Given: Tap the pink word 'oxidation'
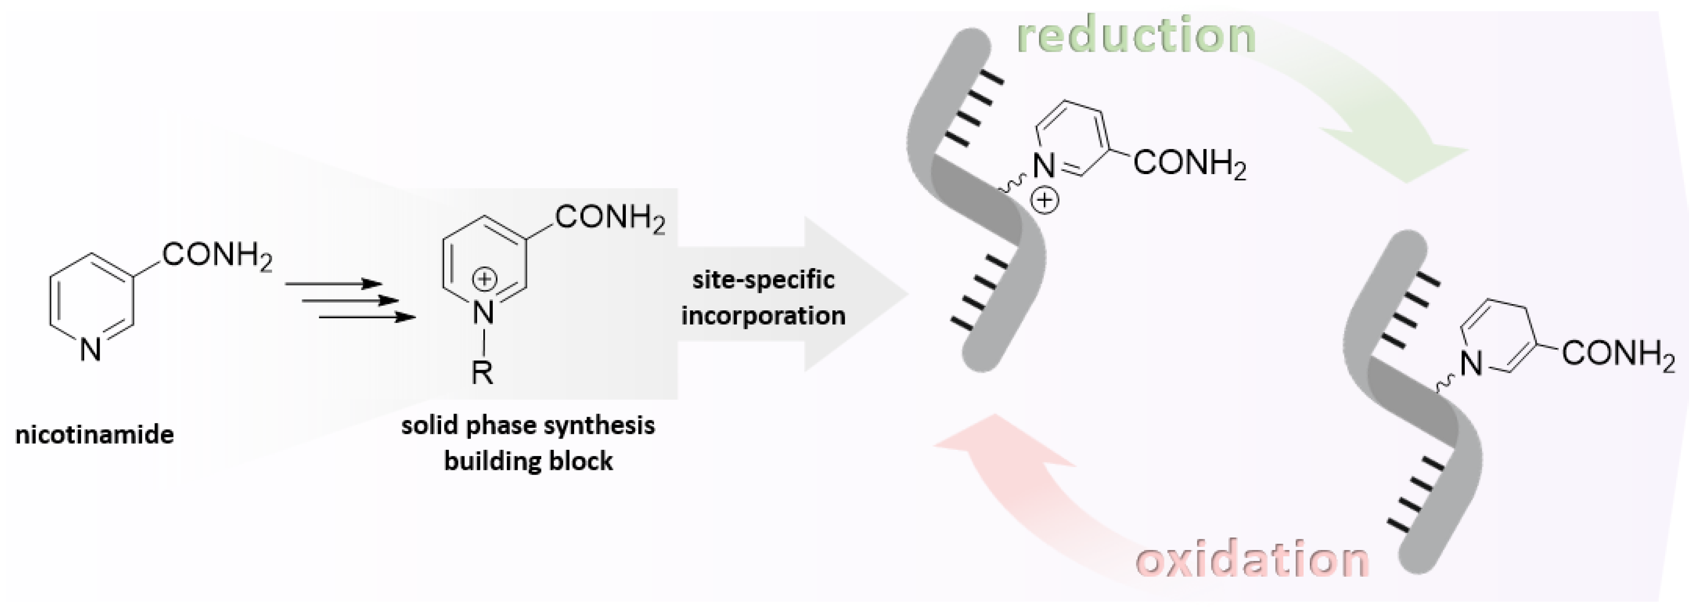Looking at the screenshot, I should point(1252,559).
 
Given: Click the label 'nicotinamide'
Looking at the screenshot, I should point(94,435).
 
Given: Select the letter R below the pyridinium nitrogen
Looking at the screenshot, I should point(482,372).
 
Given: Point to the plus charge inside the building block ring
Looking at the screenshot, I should point(484,280).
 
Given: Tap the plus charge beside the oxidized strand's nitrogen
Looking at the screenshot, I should point(1045,200).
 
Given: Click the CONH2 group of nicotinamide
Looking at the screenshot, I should point(217,255).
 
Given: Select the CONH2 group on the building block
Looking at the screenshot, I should point(609,217).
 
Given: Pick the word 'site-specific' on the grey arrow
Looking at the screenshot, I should point(763,280).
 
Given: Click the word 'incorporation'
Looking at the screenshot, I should point(763,315).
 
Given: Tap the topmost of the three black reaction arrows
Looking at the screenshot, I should point(334,284).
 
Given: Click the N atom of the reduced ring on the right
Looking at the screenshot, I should point(1471,363).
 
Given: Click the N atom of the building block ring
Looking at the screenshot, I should point(484,312).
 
